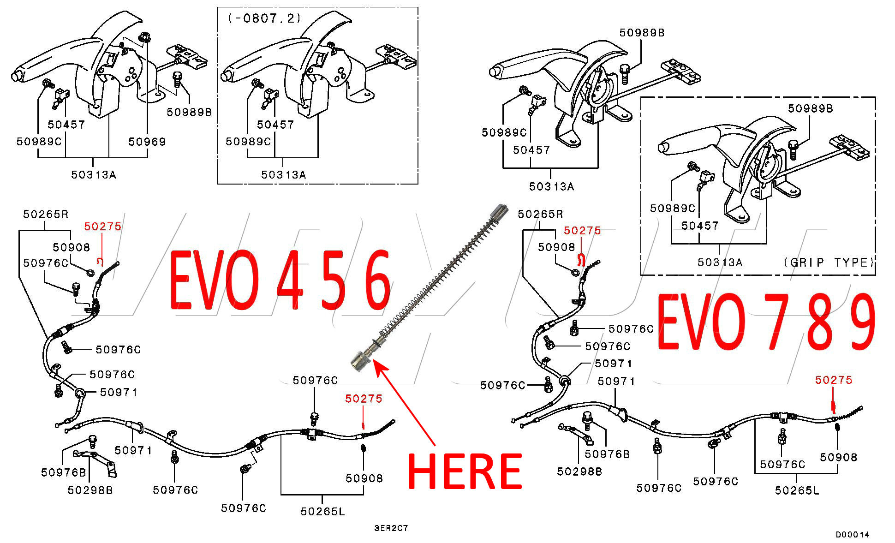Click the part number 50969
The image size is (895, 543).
[147, 142]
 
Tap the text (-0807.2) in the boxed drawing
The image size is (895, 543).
[264, 18]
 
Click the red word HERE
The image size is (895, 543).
[465, 471]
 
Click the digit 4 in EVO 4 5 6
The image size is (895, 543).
[289, 280]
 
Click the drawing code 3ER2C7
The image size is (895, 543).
[391, 528]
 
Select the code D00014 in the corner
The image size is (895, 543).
[852, 535]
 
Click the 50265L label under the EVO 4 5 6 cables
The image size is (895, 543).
[322, 511]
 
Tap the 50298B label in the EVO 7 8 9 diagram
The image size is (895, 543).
[579, 471]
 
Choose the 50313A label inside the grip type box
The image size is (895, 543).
[720, 263]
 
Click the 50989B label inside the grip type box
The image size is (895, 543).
[810, 108]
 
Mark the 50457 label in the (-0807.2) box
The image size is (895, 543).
[275, 125]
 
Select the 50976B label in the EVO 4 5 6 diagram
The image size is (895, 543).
[63, 472]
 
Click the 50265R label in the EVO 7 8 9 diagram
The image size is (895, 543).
[540, 214]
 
